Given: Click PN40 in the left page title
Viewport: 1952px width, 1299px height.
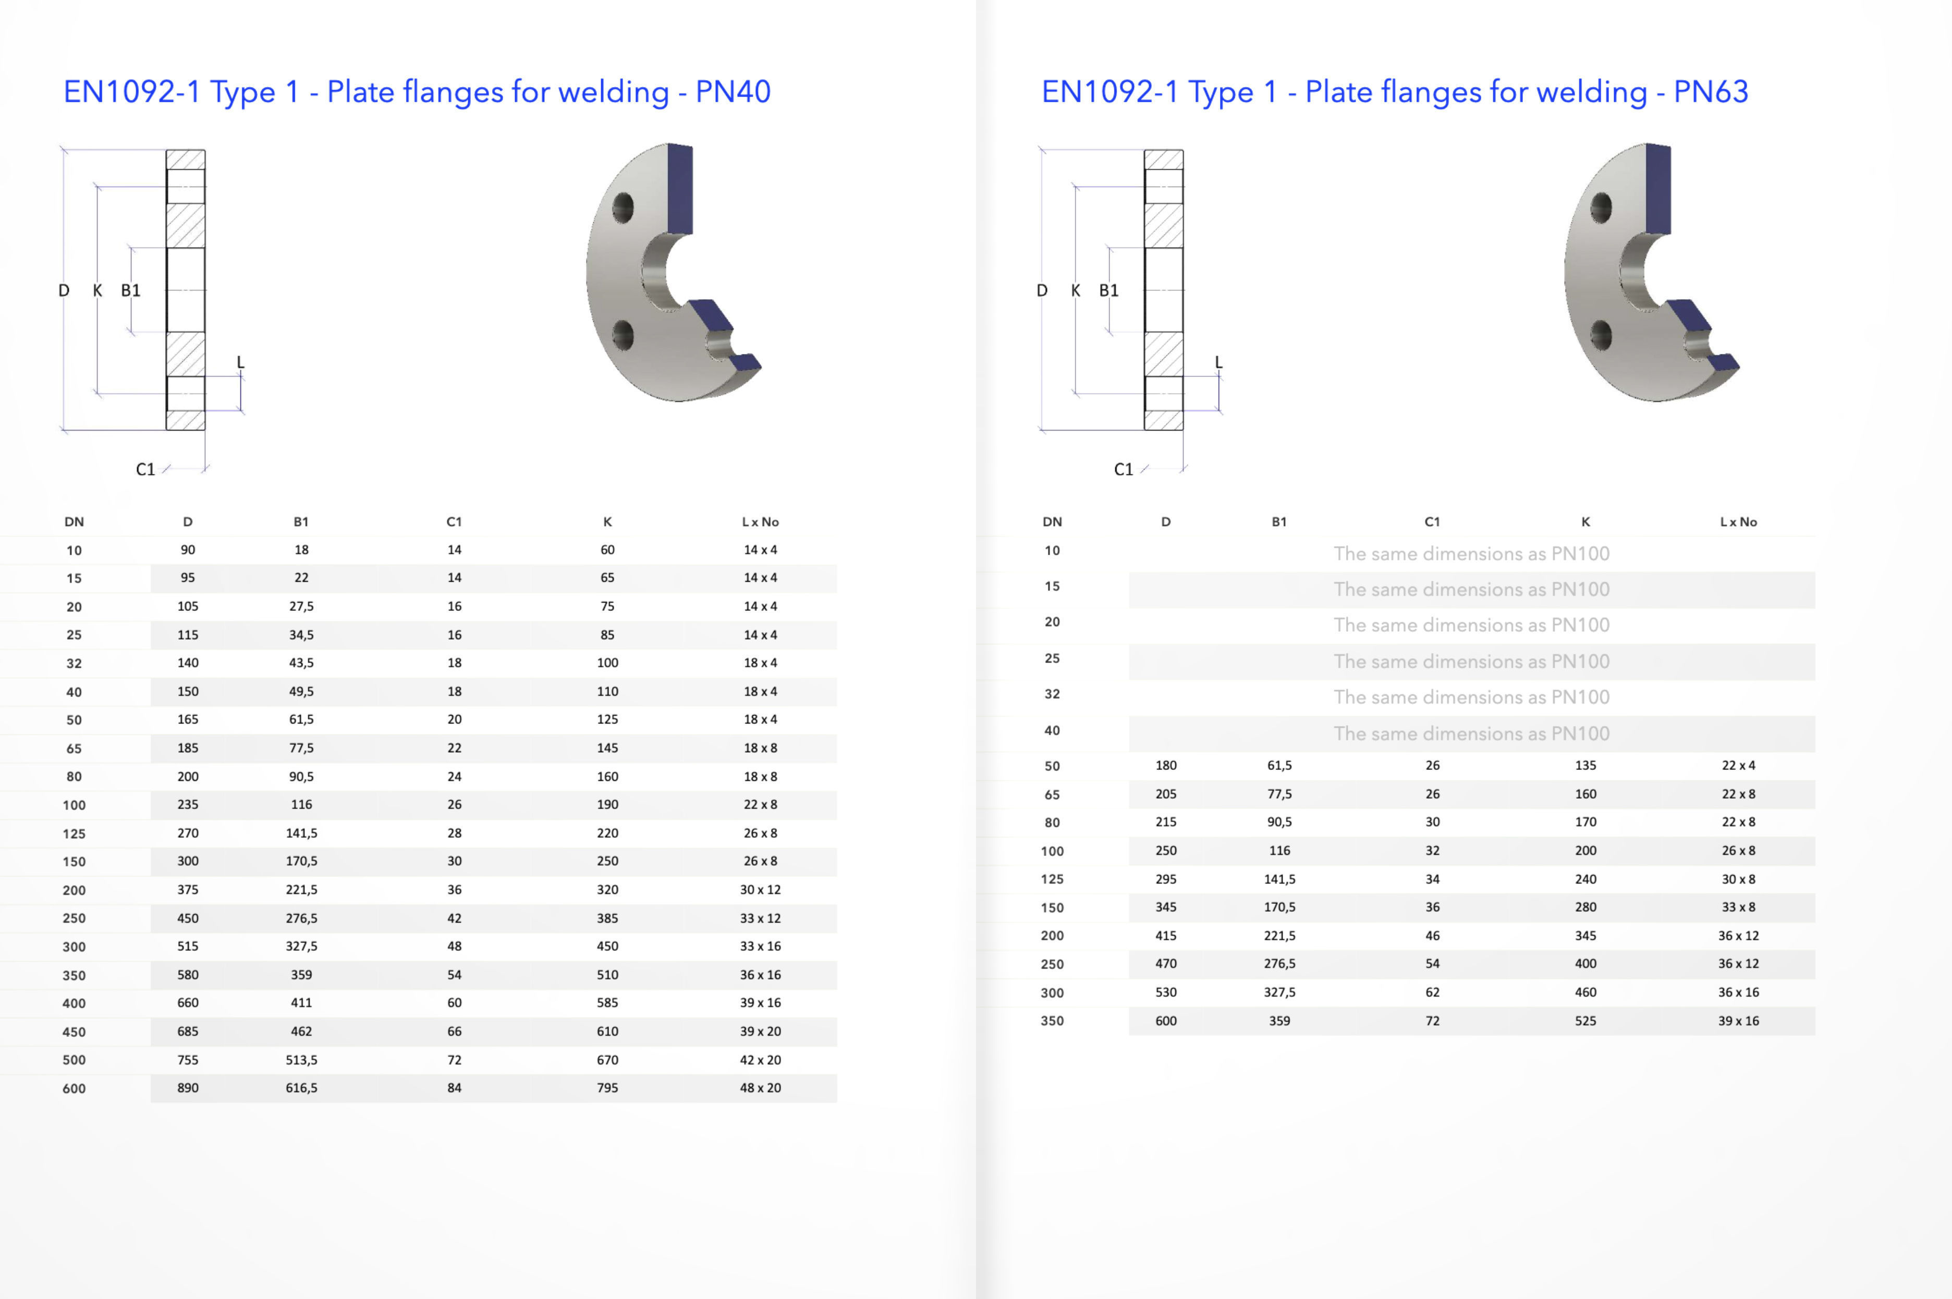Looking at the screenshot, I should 733,92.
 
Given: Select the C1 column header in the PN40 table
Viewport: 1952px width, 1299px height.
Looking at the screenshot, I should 454,522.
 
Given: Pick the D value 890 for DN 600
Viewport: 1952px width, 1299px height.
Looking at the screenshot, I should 188,1088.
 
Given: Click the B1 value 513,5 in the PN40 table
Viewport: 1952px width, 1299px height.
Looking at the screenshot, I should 301,1060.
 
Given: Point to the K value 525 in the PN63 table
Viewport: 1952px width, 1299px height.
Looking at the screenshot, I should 1585,1021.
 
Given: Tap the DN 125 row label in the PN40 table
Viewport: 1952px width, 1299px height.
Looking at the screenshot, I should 74,834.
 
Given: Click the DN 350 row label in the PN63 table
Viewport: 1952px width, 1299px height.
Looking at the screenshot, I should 1052,1021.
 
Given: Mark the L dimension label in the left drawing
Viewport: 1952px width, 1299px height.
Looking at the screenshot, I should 240,362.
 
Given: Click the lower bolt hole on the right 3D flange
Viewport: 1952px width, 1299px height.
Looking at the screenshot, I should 1601,336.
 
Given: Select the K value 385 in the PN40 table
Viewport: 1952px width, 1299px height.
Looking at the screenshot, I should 607,918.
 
